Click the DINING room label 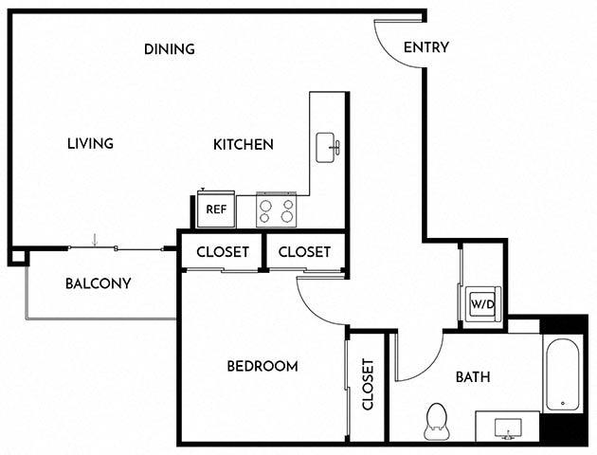pyautogui.click(x=170, y=49)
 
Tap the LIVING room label pyautogui.click(x=90, y=144)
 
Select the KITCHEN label pyautogui.click(x=243, y=145)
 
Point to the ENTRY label pyautogui.click(x=425, y=48)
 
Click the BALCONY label pyautogui.click(x=98, y=283)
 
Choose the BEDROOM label pyautogui.click(x=262, y=366)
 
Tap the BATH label pyautogui.click(x=473, y=376)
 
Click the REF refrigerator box pyautogui.click(x=216, y=209)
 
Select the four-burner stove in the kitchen pyautogui.click(x=277, y=209)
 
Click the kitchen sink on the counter pyautogui.click(x=328, y=148)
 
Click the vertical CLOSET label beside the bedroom pyautogui.click(x=369, y=385)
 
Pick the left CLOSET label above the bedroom pyautogui.click(x=223, y=252)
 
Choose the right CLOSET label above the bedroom pyautogui.click(x=304, y=252)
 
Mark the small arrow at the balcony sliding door pyautogui.click(x=95, y=240)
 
